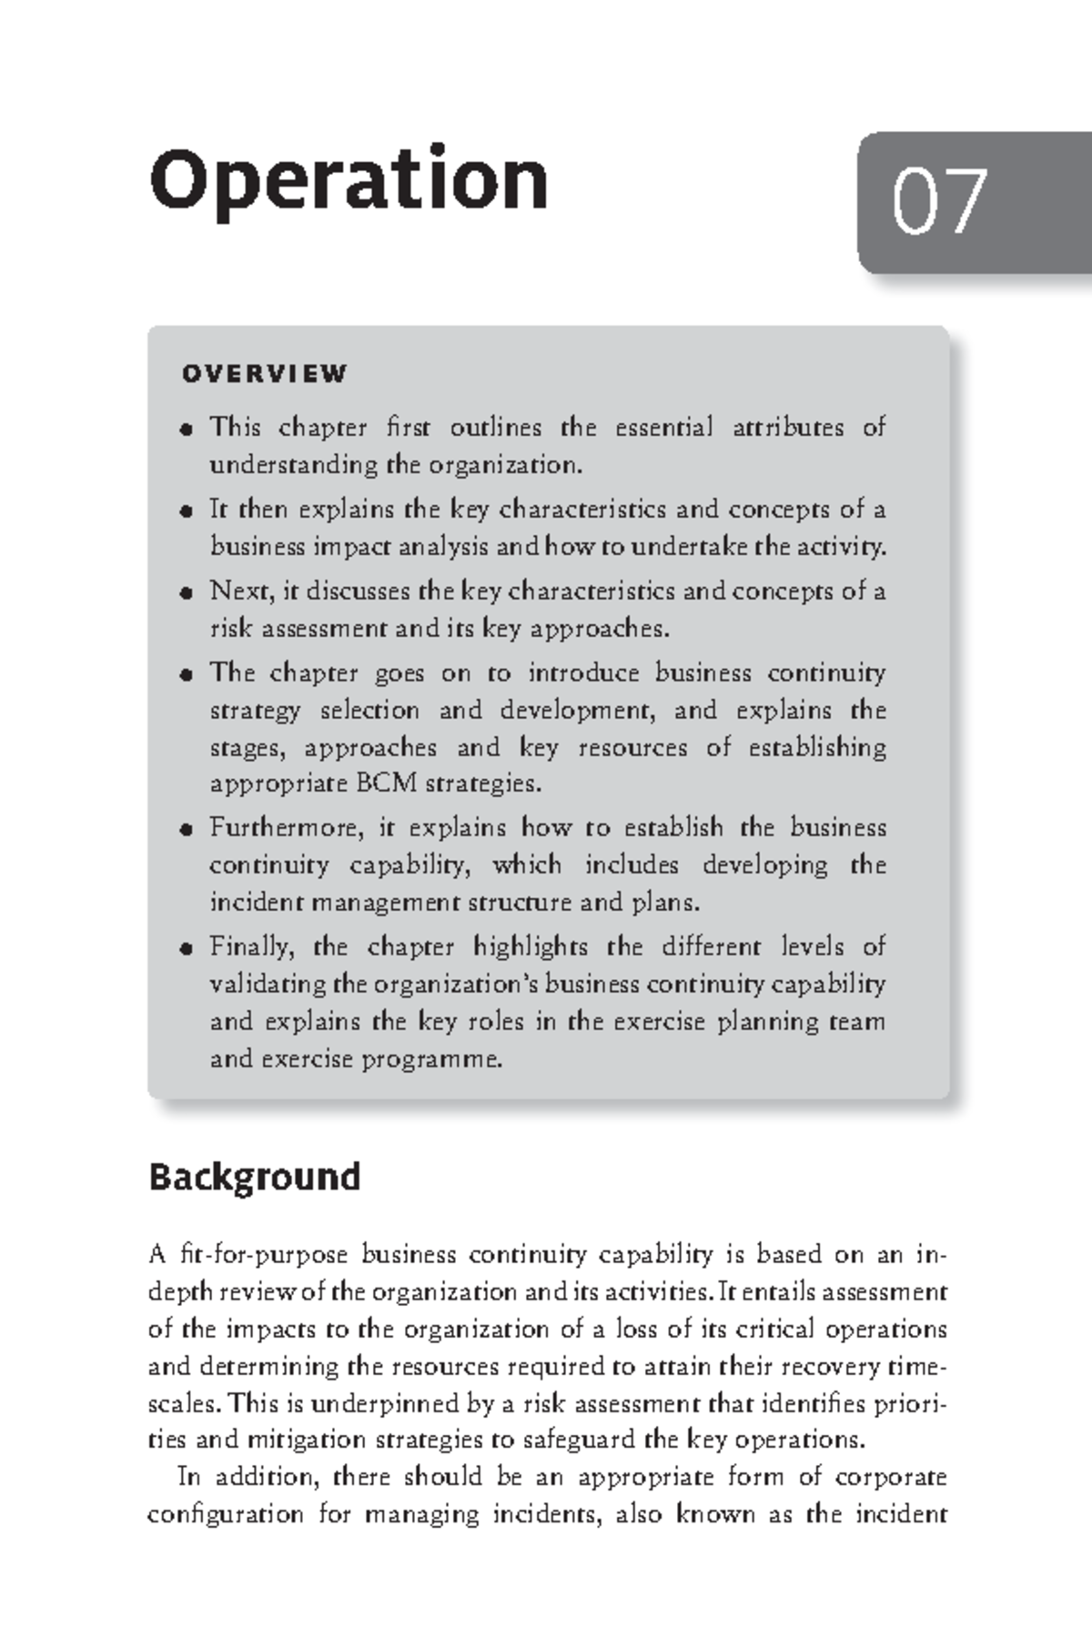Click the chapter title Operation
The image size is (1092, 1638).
349,180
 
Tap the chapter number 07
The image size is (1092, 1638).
939,202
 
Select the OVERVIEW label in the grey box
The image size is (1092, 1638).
264,374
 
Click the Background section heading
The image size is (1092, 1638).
254,1177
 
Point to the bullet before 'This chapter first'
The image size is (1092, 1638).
187,430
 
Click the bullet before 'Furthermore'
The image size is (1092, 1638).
187,830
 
